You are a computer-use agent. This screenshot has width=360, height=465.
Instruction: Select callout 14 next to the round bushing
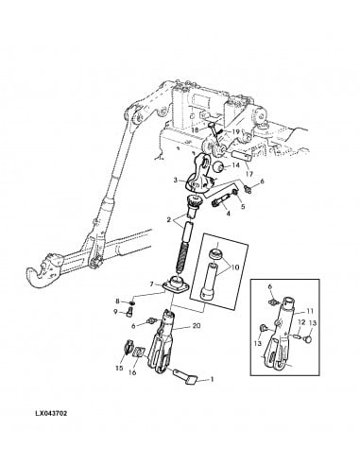pos(235,165)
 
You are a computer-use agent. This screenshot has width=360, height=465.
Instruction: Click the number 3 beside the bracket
pos(175,179)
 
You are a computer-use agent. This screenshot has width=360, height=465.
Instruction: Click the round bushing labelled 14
pos(216,167)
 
